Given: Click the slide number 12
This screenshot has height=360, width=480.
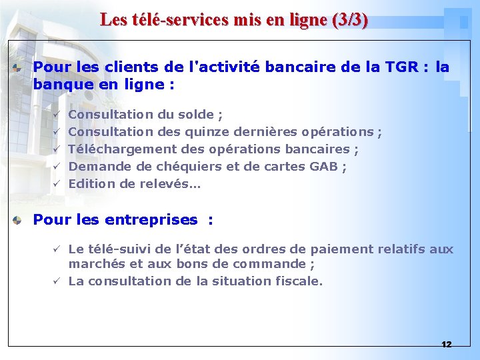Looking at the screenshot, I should (446, 344).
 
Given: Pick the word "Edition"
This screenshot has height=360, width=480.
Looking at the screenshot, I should (92, 184).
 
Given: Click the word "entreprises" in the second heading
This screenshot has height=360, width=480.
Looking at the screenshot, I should (151, 220).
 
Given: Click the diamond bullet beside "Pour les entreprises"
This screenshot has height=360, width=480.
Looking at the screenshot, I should (22, 220).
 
